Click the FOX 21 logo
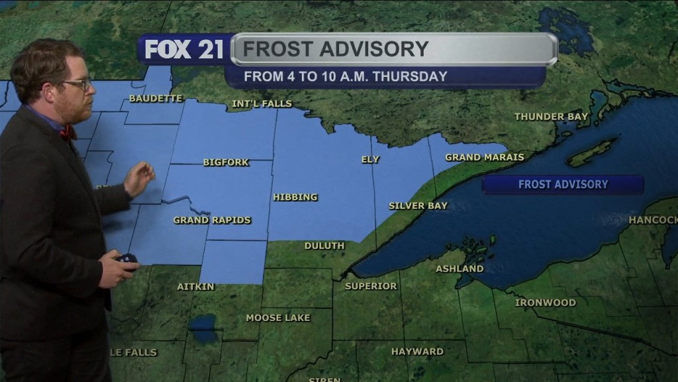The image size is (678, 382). (184, 50)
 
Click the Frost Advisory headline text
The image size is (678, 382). (335, 49)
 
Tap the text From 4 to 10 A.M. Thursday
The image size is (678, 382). (346, 76)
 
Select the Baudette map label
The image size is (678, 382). (156, 98)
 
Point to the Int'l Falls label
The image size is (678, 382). (262, 104)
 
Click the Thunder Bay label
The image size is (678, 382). (551, 117)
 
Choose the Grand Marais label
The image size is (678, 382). (484, 157)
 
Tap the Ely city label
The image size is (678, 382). (370, 159)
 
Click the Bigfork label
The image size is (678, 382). (226, 162)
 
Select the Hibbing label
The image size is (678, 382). (295, 197)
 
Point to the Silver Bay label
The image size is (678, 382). (418, 206)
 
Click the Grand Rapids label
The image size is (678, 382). (212, 220)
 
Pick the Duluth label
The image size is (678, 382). (324, 245)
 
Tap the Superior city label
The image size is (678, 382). (371, 286)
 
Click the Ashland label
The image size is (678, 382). (460, 269)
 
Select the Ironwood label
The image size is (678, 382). (546, 302)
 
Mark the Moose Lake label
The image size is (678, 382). (278, 318)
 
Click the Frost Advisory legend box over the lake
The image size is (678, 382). (563, 184)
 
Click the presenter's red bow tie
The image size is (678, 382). (68, 132)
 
